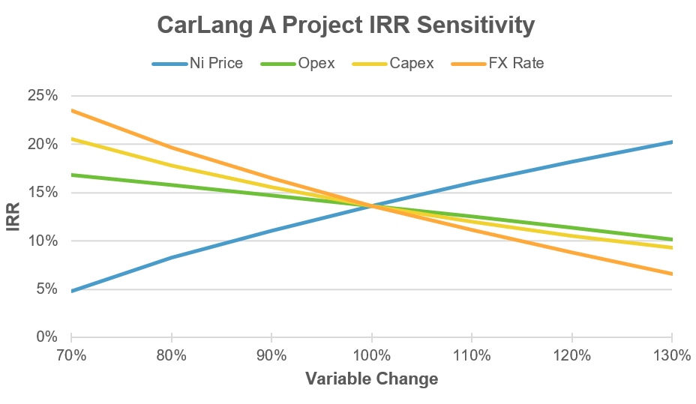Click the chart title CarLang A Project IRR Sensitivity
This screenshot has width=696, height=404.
(x=346, y=25)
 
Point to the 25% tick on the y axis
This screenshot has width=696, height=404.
(x=43, y=96)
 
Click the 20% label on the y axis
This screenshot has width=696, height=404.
(x=43, y=144)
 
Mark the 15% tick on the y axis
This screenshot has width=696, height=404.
(x=43, y=193)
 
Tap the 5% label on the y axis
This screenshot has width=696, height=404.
(x=47, y=289)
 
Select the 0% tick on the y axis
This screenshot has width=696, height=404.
(x=47, y=337)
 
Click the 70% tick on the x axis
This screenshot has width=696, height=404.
(x=71, y=355)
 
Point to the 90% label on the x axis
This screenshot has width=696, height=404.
(x=271, y=355)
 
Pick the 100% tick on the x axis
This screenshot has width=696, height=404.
(x=371, y=355)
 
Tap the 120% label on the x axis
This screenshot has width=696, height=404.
(x=571, y=355)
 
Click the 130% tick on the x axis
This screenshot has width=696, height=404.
(x=671, y=355)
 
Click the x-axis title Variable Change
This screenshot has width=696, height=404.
(x=371, y=379)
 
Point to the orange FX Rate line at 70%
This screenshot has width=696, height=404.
(x=72, y=110)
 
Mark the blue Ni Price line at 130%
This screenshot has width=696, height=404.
(x=670, y=142)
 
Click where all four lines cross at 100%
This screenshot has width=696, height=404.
(x=371, y=205)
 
